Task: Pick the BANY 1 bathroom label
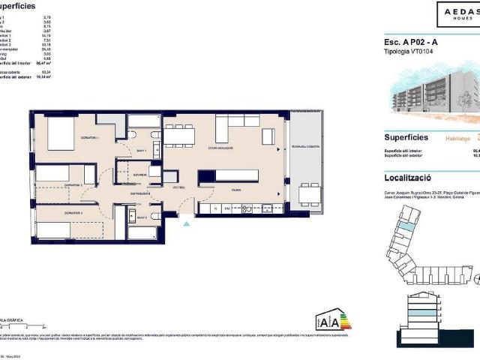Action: [x=140, y=150]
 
